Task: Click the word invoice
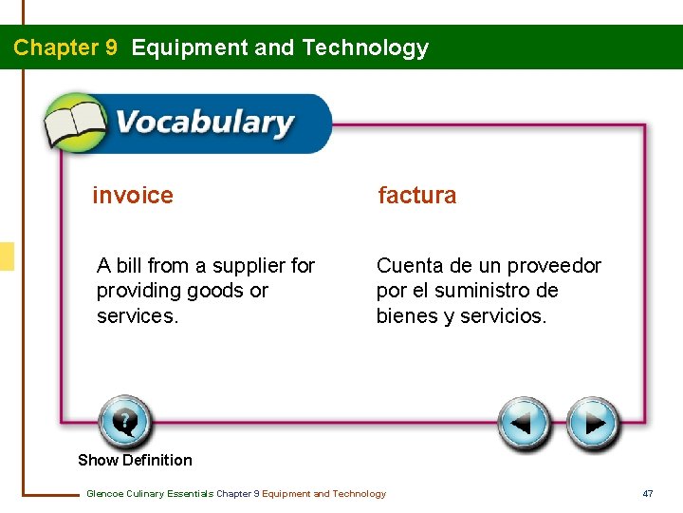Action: tap(133, 196)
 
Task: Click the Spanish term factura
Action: tap(416, 196)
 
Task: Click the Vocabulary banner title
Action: tap(204, 123)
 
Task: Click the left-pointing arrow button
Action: tap(525, 423)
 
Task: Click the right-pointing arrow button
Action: tap(594, 423)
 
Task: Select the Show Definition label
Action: tap(135, 460)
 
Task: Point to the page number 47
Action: tap(648, 493)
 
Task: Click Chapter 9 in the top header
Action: tap(65, 47)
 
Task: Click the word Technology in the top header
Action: tap(364, 47)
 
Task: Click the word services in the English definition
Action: tap(136, 316)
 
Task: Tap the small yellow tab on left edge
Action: tap(7, 256)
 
